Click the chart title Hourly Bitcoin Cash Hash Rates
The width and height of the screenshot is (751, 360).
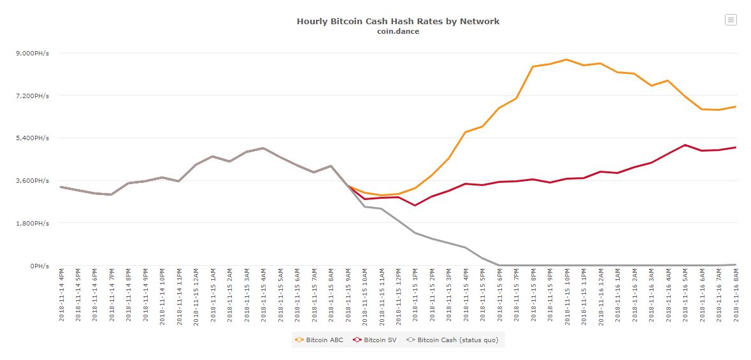click(397, 22)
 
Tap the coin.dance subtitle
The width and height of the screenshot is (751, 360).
click(397, 31)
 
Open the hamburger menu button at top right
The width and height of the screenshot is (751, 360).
click(731, 20)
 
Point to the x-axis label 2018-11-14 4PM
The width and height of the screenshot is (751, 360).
click(61, 296)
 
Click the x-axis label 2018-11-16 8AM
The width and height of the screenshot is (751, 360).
click(736, 296)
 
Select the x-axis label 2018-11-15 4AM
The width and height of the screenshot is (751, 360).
click(264, 296)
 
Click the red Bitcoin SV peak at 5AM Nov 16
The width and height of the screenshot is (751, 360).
click(685, 145)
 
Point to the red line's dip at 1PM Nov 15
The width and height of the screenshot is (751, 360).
click(415, 205)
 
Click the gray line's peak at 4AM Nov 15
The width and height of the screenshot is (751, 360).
click(263, 148)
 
